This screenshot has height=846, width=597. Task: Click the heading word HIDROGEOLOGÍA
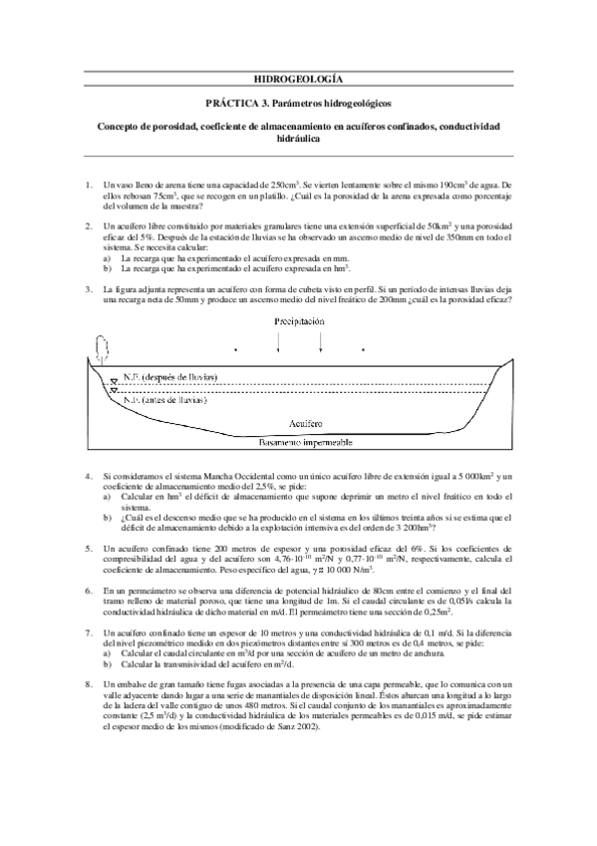pyautogui.click(x=298, y=78)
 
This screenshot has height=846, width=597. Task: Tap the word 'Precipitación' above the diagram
pyautogui.click(x=298, y=322)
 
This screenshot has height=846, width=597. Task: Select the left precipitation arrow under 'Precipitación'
pyautogui.click(x=279, y=340)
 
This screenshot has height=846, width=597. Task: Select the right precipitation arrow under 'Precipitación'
pyautogui.click(x=320, y=340)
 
